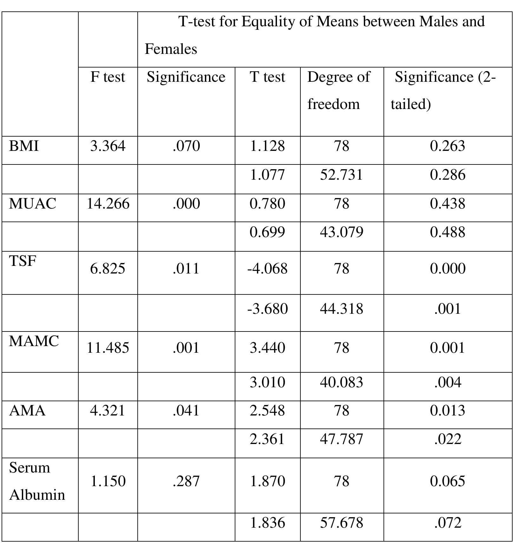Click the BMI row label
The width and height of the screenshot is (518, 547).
click(24, 146)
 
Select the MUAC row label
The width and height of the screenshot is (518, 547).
click(33, 203)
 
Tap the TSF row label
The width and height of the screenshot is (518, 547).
click(23, 261)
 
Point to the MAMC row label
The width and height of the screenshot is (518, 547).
click(34, 341)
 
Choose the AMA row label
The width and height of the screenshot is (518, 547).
click(27, 411)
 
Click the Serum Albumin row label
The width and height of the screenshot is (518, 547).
click(37, 481)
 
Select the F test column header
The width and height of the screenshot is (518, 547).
click(108, 77)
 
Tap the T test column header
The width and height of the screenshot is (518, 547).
click(267, 77)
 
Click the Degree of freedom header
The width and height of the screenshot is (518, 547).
click(338, 90)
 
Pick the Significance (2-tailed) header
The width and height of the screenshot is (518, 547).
click(443, 90)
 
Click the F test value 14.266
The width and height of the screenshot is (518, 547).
click(108, 203)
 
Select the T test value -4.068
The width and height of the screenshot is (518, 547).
click(267, 269)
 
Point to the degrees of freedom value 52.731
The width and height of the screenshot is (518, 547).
click(341, 175)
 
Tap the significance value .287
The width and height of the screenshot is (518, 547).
click(186, 481)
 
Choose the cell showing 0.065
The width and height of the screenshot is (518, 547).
click(448, 481)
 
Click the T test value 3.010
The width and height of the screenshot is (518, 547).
click(267, 382)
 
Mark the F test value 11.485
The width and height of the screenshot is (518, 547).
click(108, 348)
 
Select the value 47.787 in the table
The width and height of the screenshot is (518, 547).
click(341, 439)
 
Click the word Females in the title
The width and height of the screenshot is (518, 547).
click(171, 49)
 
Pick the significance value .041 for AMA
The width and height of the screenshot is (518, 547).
click(186, 411)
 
